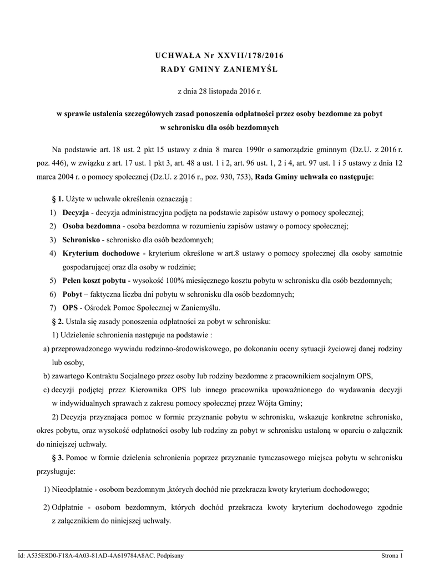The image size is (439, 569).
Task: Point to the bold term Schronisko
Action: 81,239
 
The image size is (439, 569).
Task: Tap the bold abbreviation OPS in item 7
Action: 70,307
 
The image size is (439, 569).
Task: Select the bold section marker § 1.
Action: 58,199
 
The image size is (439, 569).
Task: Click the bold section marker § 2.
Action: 58,321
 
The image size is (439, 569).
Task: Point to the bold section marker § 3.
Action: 58,457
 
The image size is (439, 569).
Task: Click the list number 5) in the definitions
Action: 52,280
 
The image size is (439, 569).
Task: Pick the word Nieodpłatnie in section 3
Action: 72,489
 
